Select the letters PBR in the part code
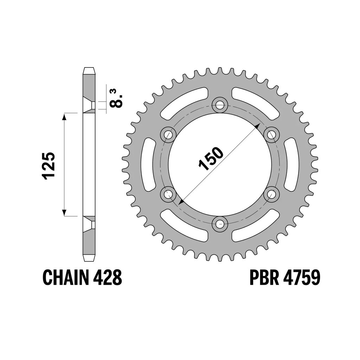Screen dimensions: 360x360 (264, 278)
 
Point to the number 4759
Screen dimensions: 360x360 (301, 278)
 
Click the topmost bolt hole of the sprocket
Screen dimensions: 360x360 (220, 105)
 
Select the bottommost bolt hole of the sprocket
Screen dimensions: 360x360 (220, 223)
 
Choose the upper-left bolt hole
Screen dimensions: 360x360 (168, 135)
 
